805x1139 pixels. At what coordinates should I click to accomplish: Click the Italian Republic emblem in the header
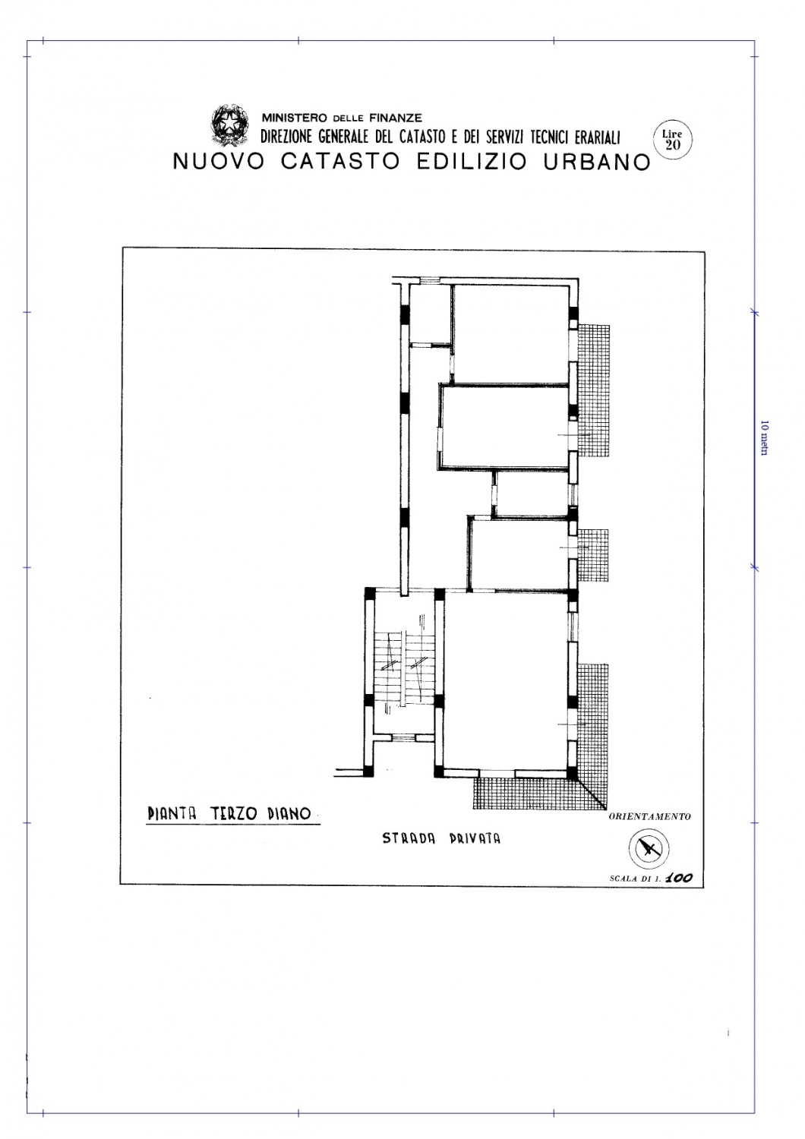coord(229,125)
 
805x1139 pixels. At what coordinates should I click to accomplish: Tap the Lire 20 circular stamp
coord(672,140)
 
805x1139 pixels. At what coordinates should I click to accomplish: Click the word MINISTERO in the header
coord(295,118)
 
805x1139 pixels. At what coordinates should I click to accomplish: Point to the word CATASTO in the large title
coord(340,162)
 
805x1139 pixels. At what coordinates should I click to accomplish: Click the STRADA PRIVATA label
coord(441,838)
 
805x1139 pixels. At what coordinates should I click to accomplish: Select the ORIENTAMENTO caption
coord(649,816)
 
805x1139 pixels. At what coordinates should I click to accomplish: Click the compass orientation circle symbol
coord(649,848)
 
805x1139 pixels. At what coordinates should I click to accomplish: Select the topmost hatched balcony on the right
coord(593,390)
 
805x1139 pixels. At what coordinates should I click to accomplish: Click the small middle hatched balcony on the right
coord(593,556)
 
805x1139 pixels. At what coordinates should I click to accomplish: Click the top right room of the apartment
coord(511,333)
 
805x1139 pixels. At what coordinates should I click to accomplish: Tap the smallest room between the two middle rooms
coord(532,494)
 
